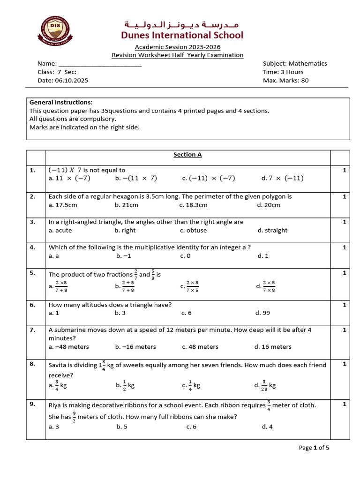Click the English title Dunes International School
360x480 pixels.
(182, 35)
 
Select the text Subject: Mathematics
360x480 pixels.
(295, 63)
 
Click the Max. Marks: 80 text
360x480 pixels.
(286, 80)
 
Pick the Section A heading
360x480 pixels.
(187, 155)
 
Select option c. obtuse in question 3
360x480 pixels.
(193, 230)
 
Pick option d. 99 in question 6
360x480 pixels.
(262, 313)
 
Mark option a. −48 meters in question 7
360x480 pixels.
(68, 347)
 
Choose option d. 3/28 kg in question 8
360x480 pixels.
(265, 385)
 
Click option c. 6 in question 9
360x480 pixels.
(191, 427)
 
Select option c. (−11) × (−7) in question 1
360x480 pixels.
(209, 178)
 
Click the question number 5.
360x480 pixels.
(32, 272)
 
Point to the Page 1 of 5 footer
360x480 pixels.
(314, 448)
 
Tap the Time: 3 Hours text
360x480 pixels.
(283, 72)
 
